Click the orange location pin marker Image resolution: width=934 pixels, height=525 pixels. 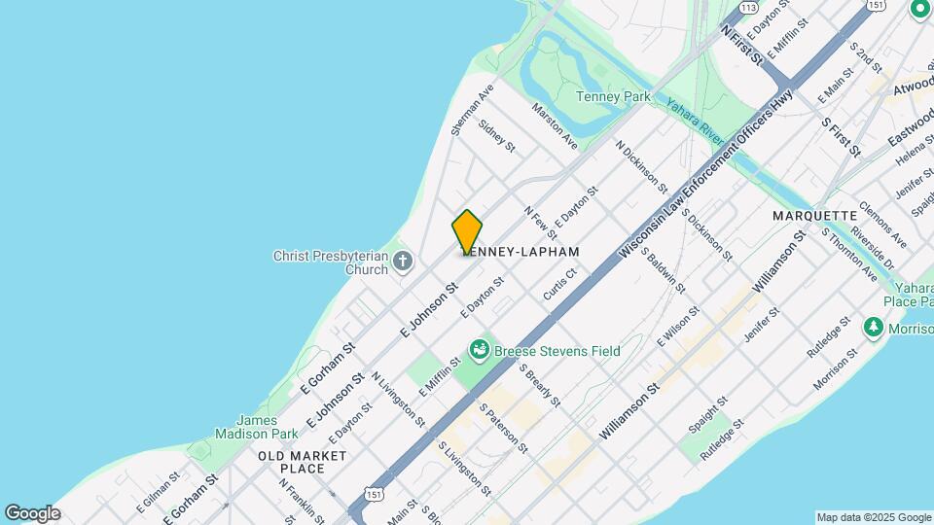pos(467,232)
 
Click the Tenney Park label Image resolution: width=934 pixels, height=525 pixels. pos(613,97)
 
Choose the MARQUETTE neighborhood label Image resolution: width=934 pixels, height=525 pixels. pos(815,215)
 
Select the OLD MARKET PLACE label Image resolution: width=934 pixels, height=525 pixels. pos(303,462)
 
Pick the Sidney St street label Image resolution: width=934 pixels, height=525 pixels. pos(497,136)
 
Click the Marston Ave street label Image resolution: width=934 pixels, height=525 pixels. pos(555,126)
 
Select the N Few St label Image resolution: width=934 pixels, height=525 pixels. pos(540,223)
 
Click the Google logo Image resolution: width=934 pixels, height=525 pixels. pos(32,513)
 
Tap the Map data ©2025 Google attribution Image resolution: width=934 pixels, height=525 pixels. pos(873,517)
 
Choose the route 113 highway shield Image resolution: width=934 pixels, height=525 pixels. pos(748,7)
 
